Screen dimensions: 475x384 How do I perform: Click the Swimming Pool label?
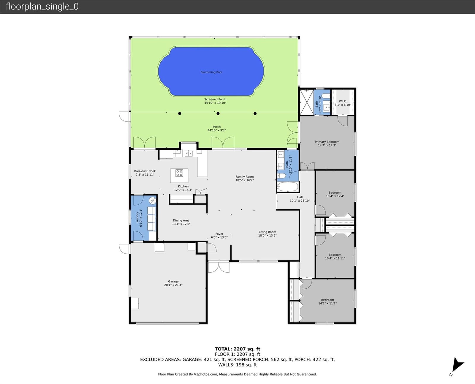click(211, 72)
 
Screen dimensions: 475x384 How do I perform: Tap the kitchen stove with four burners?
click(179, 173)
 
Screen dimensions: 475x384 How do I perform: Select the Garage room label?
click(173, 281)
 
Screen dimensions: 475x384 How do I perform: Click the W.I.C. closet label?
click(343, 101)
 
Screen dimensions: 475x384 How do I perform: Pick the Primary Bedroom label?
click(327, 142)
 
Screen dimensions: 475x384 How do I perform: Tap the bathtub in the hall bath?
click(288, 187)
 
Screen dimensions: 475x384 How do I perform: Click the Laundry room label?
click(137, 218)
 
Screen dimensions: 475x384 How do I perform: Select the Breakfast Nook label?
click(145, 171)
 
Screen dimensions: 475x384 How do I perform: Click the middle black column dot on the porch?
click(218, 113)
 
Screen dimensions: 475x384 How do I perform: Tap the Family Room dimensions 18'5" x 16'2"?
click(245, 180)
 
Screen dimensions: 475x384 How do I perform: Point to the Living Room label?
click(267, 232)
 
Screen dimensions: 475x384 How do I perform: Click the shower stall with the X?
click(307, 102)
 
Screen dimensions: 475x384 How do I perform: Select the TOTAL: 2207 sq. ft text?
click(237, 349)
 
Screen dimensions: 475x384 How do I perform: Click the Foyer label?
click(219, 234)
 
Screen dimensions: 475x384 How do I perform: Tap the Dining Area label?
click(181, 220)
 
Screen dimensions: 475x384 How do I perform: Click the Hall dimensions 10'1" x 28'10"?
click(300, 200)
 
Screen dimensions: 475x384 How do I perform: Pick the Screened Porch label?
click(215, 99)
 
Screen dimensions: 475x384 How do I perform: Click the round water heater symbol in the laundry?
click(153, 200)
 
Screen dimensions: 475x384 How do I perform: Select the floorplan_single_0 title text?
click(42, 7)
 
